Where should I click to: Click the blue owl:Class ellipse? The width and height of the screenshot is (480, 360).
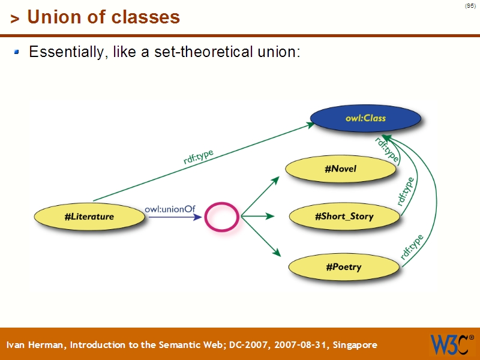(x=365, y=118)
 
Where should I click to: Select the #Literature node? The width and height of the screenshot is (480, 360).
(x=89, y=217)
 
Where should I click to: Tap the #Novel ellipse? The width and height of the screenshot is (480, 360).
(x=340, y=169)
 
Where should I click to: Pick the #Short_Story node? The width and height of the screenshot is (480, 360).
(x=344, y=216)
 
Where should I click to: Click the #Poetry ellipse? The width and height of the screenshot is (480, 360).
(x=344, y=267)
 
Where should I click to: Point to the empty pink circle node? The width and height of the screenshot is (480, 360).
(x=222, y=217)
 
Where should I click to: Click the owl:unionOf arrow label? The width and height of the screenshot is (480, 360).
(x=170, y=209)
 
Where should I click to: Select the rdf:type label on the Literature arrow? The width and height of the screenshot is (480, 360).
(x=199, y=157)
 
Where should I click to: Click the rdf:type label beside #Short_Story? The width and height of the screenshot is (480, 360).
(x=406, y=191)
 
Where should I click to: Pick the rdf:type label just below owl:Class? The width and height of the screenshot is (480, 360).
(x=387, y=149)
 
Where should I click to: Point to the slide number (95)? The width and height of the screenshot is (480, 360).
(x=470, y=6)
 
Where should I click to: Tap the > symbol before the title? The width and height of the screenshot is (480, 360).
(x=15, y=19)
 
